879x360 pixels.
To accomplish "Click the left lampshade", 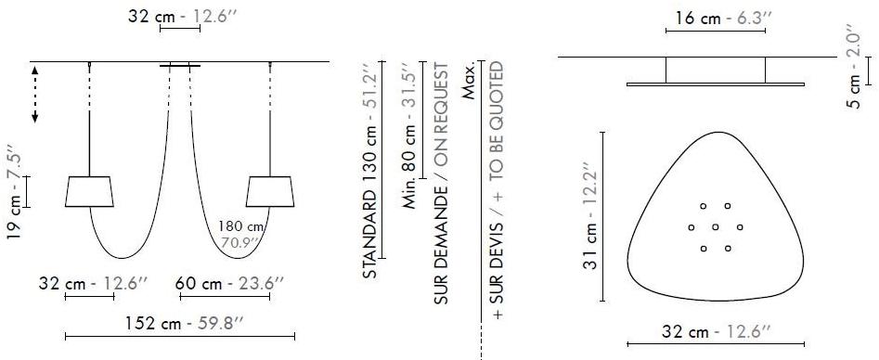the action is pos(90,192).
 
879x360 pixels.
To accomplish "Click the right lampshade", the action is pos(270,192).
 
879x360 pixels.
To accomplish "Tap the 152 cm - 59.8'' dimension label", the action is pos(184,324).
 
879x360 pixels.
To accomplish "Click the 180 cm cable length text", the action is pos(240,227).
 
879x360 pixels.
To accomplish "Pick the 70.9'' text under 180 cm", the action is pos(240,242).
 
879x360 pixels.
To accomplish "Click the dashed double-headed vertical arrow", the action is pos(34,95).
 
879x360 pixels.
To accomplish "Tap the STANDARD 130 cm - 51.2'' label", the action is pos(369,170).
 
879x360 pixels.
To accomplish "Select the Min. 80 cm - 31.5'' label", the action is pos(410,135).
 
